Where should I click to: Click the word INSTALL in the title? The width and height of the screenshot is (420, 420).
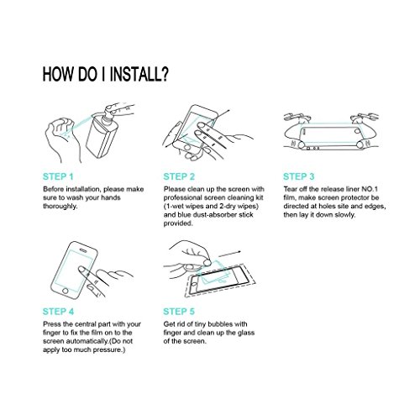coord(135,74)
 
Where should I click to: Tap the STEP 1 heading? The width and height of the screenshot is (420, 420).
coord(58,176)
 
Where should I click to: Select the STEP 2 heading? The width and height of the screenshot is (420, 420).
coord(179,176)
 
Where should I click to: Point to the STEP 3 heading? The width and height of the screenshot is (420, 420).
coord(299,176)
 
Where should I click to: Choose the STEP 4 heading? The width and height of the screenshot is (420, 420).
coord(58,312)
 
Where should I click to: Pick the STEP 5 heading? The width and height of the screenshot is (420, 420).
coord(179,312)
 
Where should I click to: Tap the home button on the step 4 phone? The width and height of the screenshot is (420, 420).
coord(66,291)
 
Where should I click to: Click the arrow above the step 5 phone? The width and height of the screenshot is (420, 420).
coord(229,254)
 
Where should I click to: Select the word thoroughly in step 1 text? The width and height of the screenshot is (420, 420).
coord(60,207)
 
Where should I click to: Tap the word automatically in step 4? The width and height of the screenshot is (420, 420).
coord(83,341)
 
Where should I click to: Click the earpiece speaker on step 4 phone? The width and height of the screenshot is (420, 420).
coord(83,250)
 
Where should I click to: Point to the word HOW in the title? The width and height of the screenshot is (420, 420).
coord(59,74)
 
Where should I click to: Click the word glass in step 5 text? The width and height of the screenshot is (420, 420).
coord(246,333)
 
